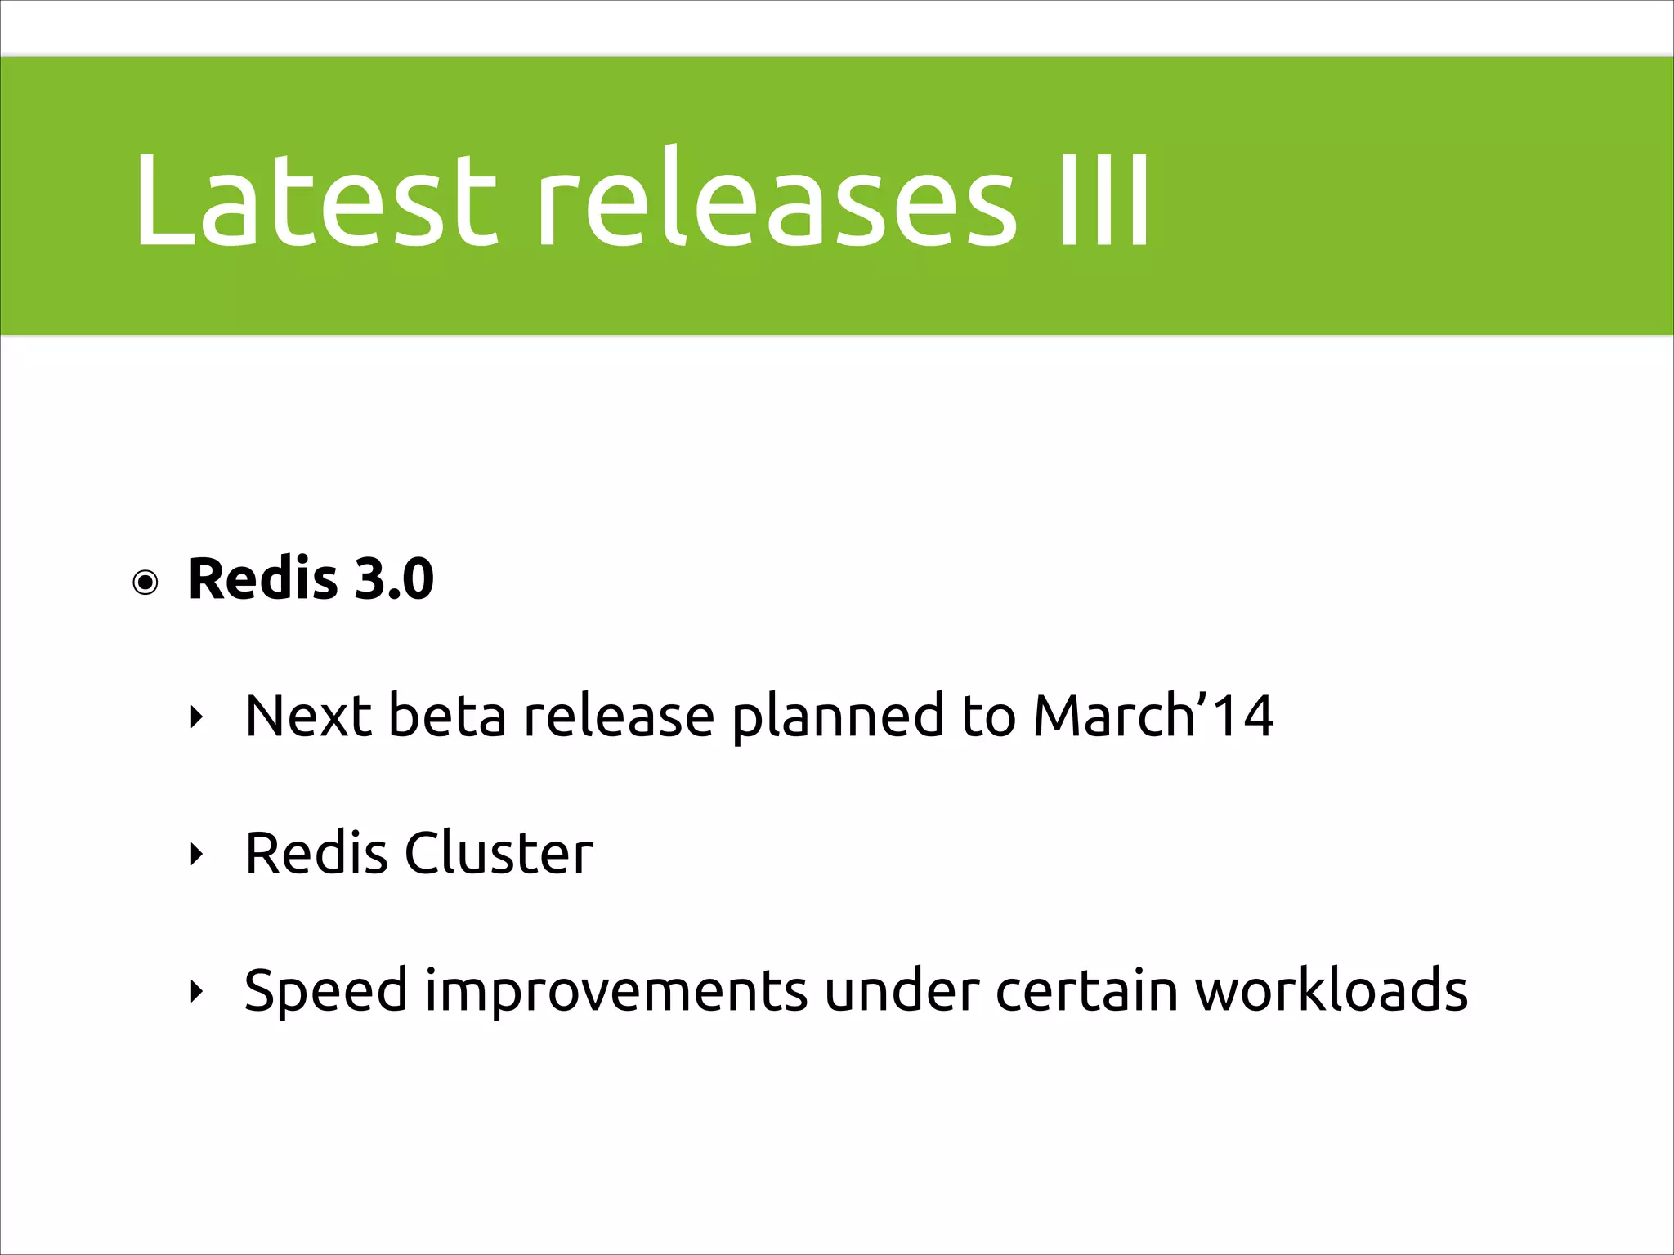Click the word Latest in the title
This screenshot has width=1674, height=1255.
[315, 199]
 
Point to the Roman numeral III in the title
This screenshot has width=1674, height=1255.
[1103, 199]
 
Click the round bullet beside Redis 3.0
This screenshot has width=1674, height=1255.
[145, 583]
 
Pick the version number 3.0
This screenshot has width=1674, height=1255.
[394, 578]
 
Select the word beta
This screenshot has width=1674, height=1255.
[446, 716]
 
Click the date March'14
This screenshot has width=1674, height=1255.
[1153, 716]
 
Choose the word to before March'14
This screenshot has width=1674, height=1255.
[987, 716]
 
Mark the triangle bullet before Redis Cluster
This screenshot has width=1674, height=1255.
[195, 855]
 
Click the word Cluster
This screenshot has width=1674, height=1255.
[499, 853]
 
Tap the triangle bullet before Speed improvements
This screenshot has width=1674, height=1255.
[195, 992]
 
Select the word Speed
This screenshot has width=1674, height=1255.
[325, 992]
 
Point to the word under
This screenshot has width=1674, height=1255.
[901, 990]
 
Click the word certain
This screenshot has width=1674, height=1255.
[1086, 990]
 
